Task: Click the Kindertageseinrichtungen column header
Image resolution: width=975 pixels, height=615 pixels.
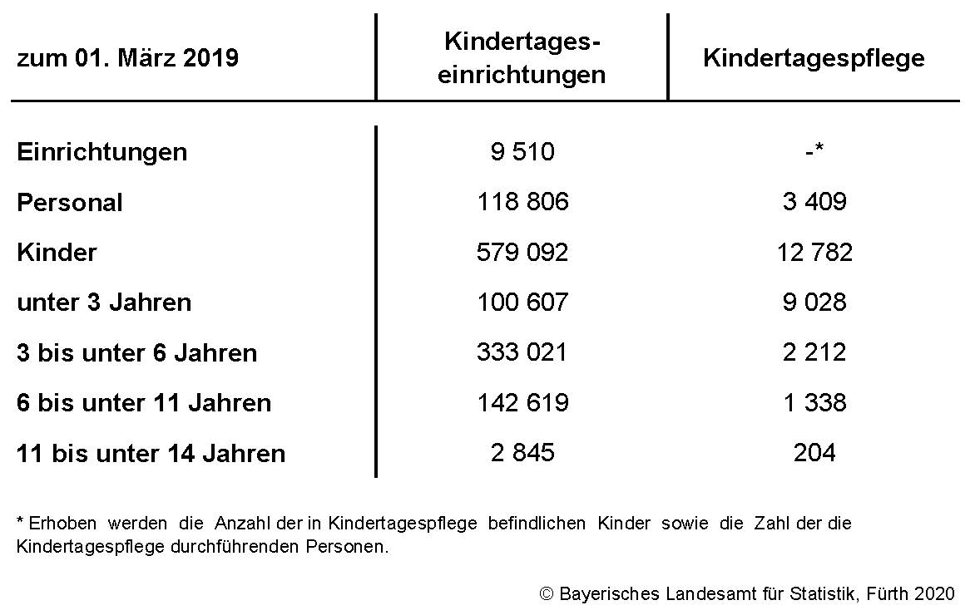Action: click(522, 58)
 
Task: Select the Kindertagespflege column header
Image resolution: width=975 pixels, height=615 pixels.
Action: click(814, 58)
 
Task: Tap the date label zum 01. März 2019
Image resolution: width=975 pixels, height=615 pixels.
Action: click(127, 58)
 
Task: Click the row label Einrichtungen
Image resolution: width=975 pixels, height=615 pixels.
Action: click(101, 152)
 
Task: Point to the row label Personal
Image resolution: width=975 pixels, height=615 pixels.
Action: click(70, 203)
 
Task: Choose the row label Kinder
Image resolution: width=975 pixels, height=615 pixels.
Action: click(57, 253)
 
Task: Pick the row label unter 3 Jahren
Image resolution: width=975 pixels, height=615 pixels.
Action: click(104, 303)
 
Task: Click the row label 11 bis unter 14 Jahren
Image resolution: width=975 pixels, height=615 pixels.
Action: click(151, 454)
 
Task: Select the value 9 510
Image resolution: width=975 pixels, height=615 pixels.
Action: click(522, 152)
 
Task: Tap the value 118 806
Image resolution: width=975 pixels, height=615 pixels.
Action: click(522, 202)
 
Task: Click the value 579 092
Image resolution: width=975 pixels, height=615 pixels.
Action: click(522, 253)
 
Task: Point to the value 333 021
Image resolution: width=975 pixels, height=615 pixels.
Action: click(522, 352)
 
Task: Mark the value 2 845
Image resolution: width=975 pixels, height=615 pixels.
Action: click(522, 453)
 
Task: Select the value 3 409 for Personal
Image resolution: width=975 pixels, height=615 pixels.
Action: click(814, 202)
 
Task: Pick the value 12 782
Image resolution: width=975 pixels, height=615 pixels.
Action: click(814, 253)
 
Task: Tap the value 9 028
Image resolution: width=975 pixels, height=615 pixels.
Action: click(814, 303)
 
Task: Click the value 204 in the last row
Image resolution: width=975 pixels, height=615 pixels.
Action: click(814, 453)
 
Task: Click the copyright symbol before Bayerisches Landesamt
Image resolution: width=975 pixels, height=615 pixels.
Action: click(547, 594)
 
